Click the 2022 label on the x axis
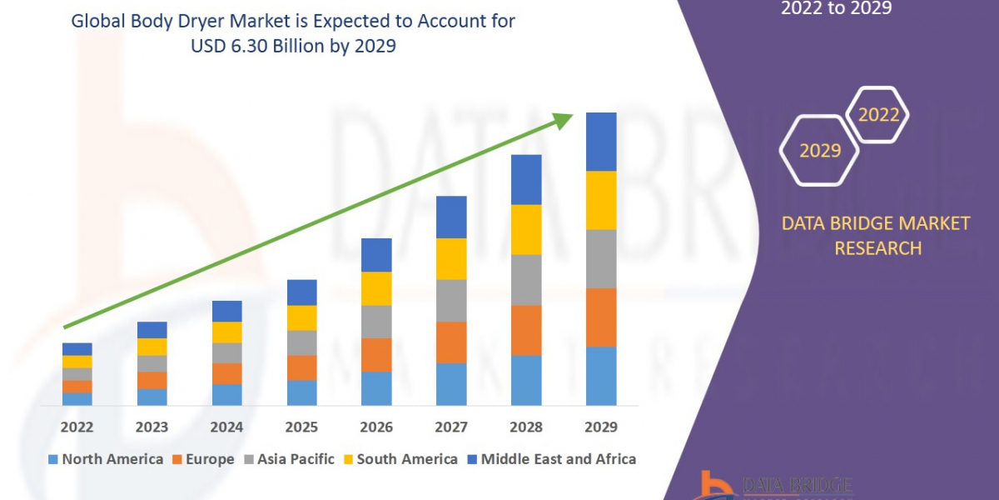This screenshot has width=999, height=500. pos(77,427)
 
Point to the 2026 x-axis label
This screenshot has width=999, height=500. pos(376,427)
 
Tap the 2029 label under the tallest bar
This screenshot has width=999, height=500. pos(601,427)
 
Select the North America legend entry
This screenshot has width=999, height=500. pos(106,459)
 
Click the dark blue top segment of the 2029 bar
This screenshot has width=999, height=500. pos(601,142)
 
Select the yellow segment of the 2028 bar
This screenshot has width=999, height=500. pos(526,229)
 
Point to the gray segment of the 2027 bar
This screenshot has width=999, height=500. pos(451,300)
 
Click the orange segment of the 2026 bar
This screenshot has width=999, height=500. pos(376,355)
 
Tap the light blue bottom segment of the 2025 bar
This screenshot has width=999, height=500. pos(301,392)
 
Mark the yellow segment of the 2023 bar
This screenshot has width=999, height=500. pos(152,347)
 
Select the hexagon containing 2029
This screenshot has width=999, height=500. pos(820,150)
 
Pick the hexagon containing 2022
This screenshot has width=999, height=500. pos(878,115)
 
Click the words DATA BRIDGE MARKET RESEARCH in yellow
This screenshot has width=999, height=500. pos(877,235)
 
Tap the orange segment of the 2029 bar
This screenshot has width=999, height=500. pos(601,317)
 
